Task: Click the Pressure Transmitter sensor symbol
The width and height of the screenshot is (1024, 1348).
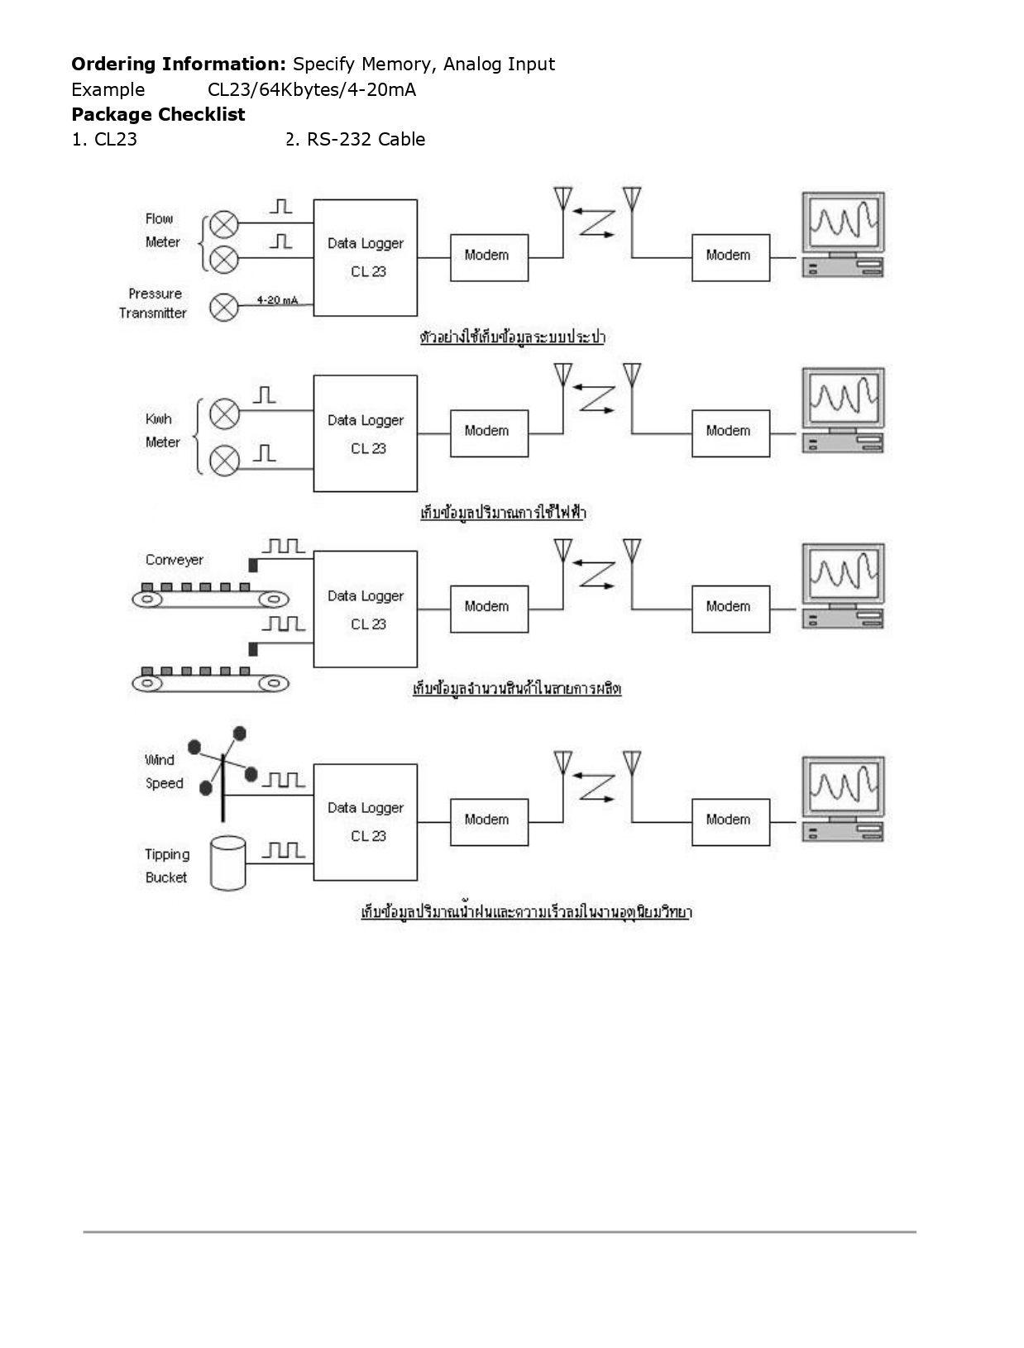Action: tap(223, 308)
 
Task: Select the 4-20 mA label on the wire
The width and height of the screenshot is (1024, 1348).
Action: tap(276, 300)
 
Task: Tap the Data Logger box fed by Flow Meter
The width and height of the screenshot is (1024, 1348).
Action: tap(365, 257)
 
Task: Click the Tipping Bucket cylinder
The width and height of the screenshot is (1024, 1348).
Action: tap(227, 863)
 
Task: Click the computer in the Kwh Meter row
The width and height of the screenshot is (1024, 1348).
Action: tap(842, 411)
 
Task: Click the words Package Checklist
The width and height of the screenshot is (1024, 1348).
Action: tap(158, 114)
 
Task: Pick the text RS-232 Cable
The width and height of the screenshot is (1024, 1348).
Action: tap(366, 139)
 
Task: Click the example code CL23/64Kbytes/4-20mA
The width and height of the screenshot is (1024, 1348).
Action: tap(312, 89)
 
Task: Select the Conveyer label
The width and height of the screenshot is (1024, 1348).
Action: tap(174, 560)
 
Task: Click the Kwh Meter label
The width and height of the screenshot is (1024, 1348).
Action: tap(162, 431)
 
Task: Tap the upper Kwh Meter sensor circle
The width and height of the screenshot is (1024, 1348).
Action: tap(224, 413)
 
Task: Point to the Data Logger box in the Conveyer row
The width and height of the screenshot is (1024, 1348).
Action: tap(365, 609)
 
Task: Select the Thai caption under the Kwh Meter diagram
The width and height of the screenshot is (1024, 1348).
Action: tap(503, 513)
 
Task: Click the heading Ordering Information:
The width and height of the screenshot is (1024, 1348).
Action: tap(179, 64)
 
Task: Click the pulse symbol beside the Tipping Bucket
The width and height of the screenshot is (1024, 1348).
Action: tap(284, 849)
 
